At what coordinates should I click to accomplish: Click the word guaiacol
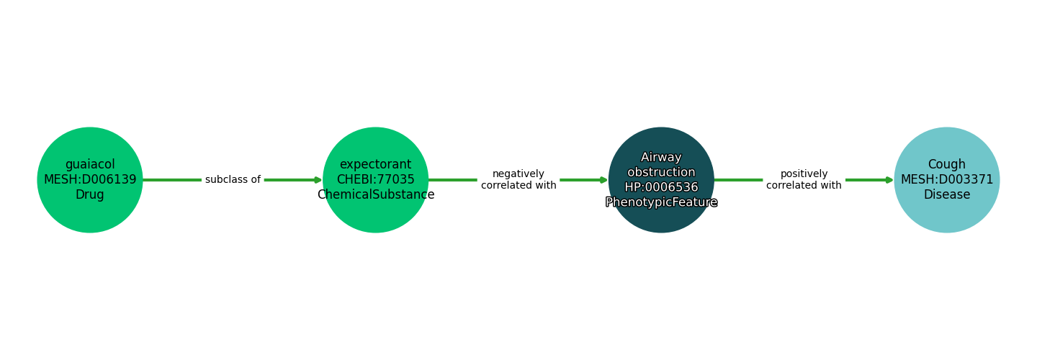(x=90, y=165)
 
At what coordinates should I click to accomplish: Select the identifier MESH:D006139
(x=90, y=180)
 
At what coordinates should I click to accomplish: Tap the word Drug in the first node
(x=90, y=195)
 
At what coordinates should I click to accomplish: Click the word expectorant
(x=375, y=165)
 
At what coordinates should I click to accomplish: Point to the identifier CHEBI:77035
(x=375, y=180)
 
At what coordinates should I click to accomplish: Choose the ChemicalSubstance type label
(x=375, y=195)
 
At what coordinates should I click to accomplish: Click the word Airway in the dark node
(x=661, y=158)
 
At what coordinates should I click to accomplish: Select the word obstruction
(x=661, y=173)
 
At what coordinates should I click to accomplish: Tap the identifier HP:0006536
(x=661, y=188)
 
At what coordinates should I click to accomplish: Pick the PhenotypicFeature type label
(x=661, y=203)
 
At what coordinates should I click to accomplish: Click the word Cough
(x=946, y=165)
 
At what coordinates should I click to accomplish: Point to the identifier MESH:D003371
(x=946, y=180)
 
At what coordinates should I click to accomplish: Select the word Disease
(x=946, y=195)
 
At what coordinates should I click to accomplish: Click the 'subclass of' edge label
(x=233, y=180)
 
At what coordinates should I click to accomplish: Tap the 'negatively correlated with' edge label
(x=518, y=180)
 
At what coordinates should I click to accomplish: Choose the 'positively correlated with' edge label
(x=804, y=180)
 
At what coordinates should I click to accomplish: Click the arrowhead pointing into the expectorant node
(x=318, y=180)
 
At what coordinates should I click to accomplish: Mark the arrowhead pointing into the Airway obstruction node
(x=603, y=180)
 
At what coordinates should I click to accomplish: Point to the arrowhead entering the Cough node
(x=889, y=180)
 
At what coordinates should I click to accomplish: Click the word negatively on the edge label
(x=518, y=174)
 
